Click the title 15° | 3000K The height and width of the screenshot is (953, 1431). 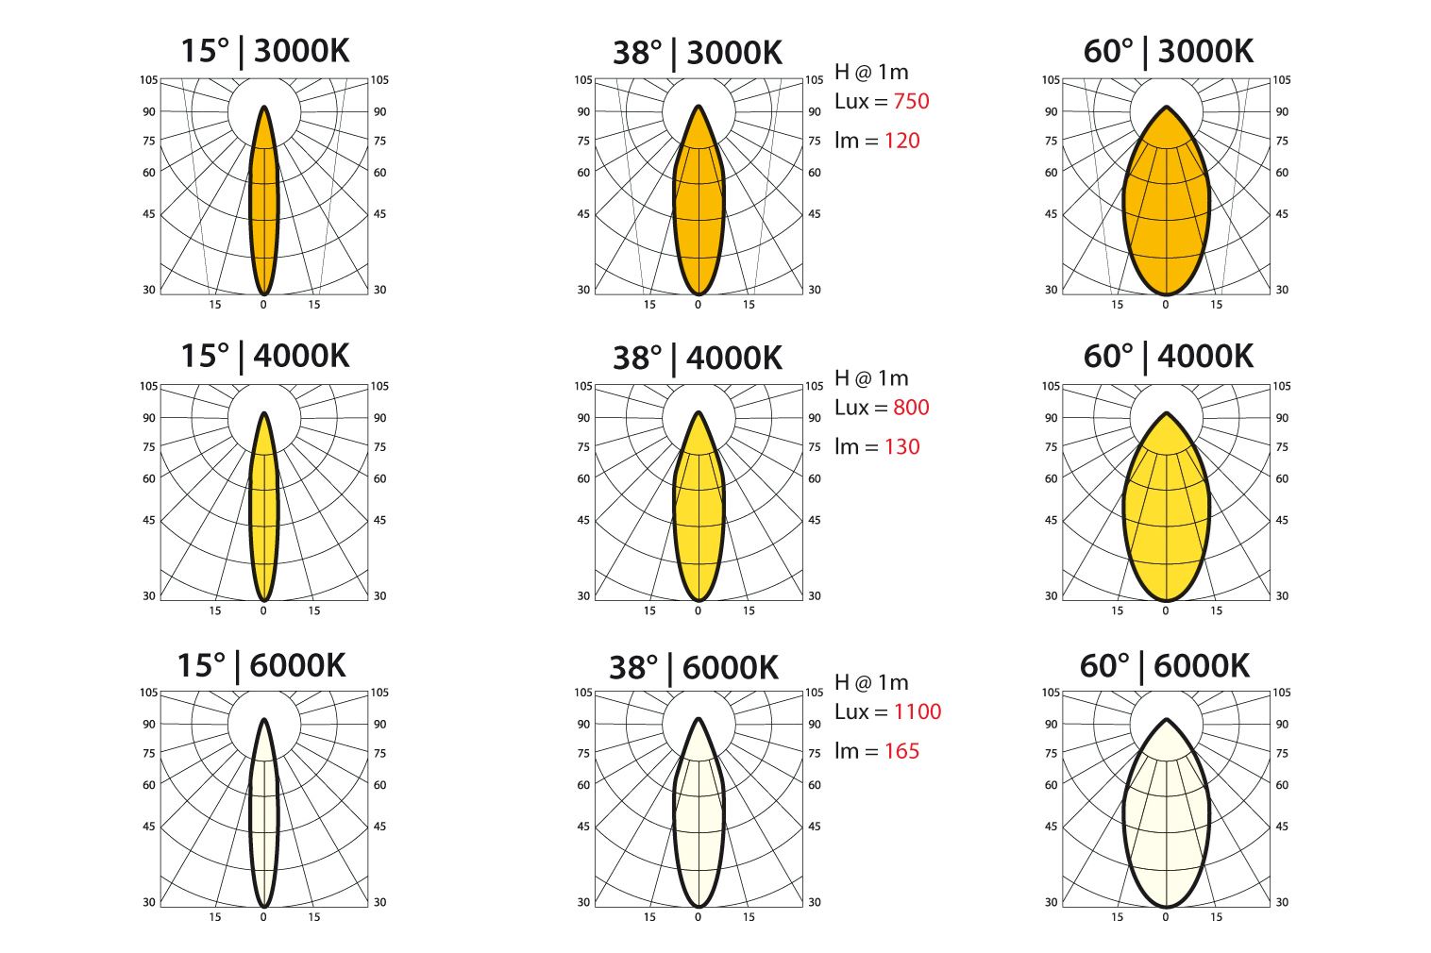264,50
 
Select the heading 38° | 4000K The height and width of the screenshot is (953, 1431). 698,358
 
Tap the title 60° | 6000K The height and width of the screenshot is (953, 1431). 1165,666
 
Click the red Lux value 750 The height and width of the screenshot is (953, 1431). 911,101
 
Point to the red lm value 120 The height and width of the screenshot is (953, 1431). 901,141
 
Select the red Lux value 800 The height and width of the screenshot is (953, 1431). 911,408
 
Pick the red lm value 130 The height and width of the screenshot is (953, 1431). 901,446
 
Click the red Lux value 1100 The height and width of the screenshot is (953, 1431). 917,711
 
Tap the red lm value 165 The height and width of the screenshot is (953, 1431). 901,751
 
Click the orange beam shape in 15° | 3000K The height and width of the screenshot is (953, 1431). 264,208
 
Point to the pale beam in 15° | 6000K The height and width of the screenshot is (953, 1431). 264,821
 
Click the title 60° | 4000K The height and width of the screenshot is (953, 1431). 1168,357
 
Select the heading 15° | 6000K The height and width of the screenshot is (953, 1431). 261,666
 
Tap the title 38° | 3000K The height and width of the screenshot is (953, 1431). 698,52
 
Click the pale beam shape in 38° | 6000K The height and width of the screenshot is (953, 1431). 699,821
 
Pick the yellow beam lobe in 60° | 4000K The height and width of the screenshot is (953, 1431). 1167,519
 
